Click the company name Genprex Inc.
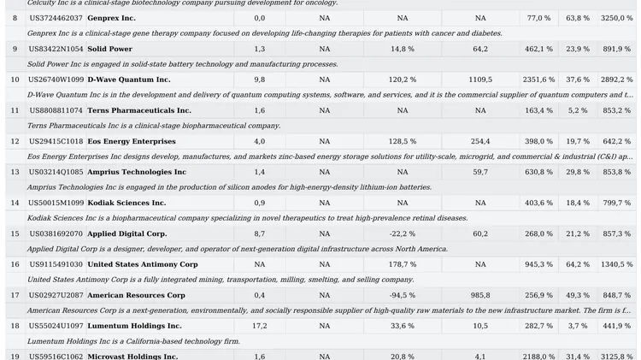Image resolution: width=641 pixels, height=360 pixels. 111,18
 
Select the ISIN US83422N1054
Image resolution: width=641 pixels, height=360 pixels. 56,49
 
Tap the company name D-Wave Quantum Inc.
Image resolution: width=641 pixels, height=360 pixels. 129,80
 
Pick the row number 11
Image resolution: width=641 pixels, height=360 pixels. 15,110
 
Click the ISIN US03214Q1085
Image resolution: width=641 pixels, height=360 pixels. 56,172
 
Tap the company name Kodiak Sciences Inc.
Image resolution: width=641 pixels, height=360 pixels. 126,203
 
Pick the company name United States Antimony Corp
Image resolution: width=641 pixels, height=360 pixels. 143,264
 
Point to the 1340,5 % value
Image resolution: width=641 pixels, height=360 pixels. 616,264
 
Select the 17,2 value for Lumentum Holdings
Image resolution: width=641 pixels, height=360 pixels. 260,326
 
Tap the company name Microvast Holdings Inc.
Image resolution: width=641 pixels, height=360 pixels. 132,357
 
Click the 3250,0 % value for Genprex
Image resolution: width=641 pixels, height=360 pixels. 616,18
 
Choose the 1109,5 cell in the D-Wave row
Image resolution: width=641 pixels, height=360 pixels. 480,80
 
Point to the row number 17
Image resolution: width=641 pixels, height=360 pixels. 15,295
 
